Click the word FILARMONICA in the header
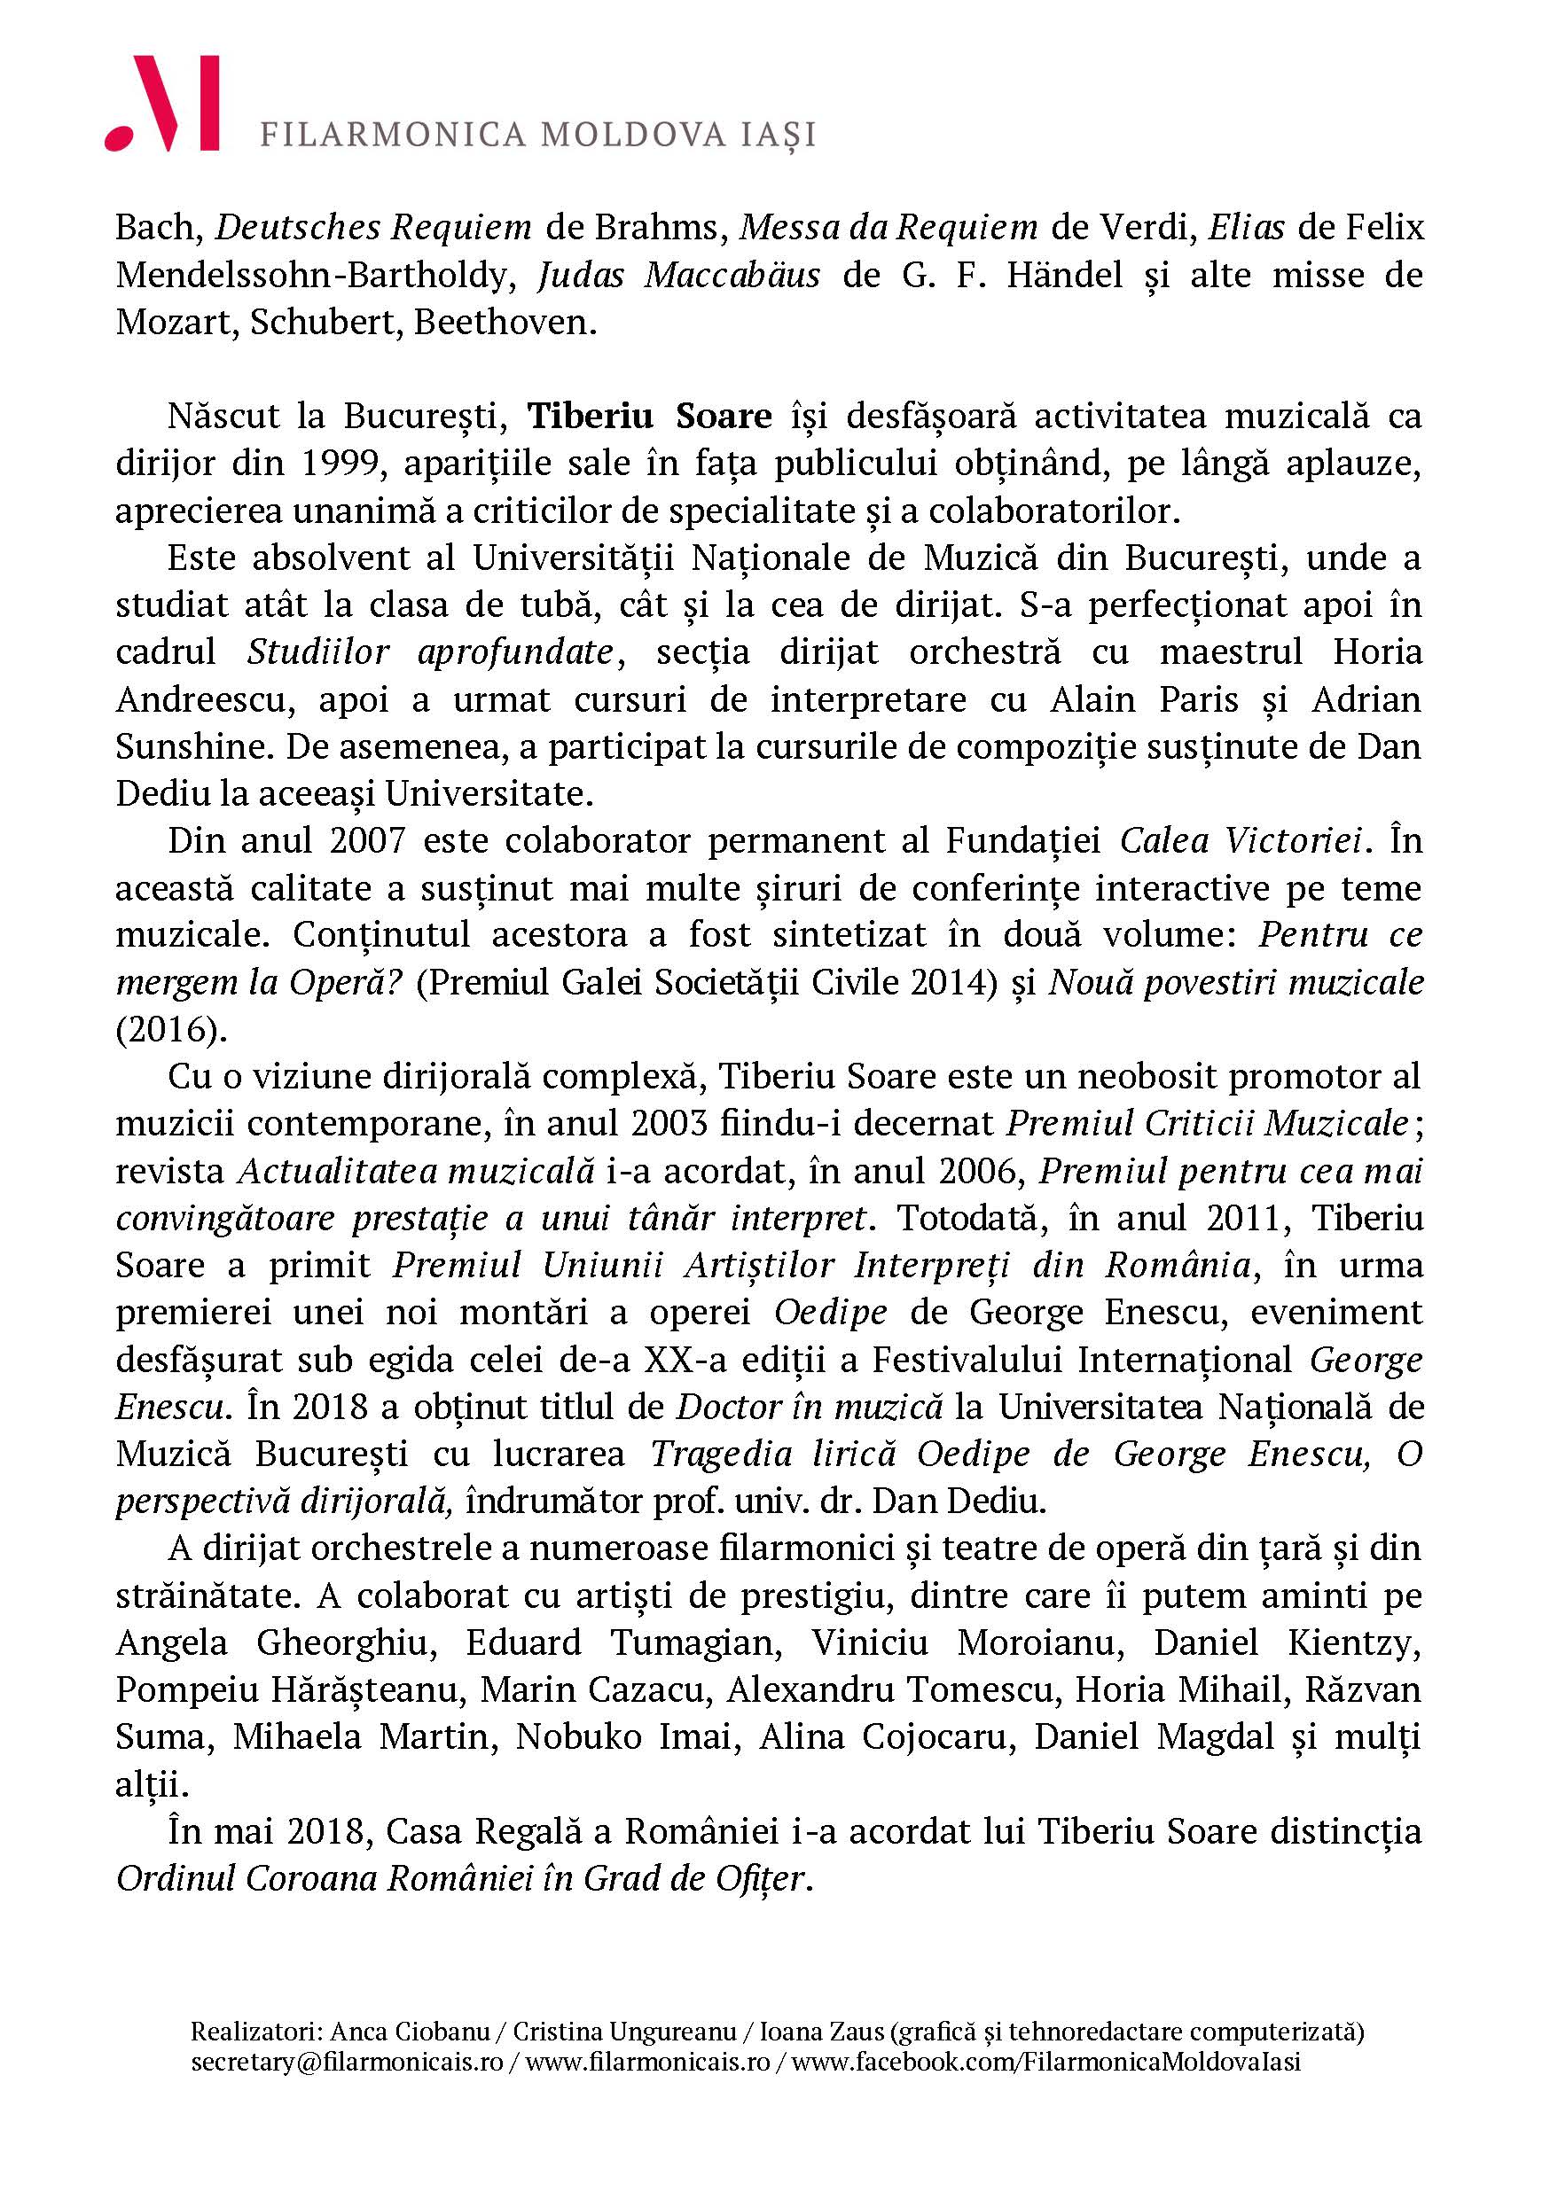(x=393, y=135)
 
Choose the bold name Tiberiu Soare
(x=650, y=417)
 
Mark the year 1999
(x=342, y=464)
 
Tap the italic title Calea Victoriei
(x=1240, y=841)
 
